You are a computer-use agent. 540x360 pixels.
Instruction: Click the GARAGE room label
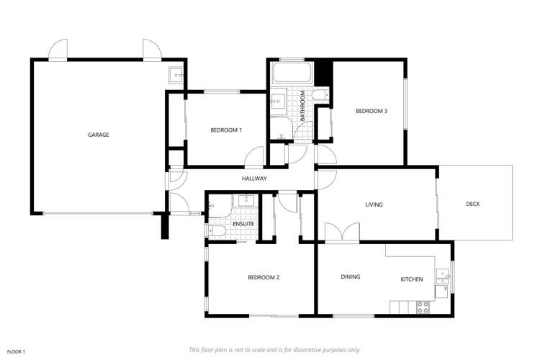[99, 135]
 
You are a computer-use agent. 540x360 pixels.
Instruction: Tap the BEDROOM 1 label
[226, 130]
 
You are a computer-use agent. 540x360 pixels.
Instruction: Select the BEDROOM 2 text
[264, 278]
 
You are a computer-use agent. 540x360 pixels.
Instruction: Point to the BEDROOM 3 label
[372, 111]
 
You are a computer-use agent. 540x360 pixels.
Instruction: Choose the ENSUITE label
[243, 224]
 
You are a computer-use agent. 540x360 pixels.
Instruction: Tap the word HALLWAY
[254, 179]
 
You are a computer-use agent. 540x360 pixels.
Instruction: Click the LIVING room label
[374, 204]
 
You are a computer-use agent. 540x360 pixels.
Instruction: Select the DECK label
[472, 204]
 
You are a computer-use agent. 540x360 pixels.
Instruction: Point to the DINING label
[351, 276]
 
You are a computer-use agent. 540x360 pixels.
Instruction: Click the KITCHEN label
[412, 279]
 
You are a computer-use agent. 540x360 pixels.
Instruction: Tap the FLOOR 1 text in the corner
[16, 351]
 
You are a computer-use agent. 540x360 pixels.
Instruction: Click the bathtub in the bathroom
[291, 73]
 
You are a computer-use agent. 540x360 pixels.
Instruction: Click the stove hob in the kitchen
[423, 306]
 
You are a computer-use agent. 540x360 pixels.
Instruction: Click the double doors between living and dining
[341, 233]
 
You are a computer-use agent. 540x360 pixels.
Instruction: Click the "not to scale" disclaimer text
[274, 349]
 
